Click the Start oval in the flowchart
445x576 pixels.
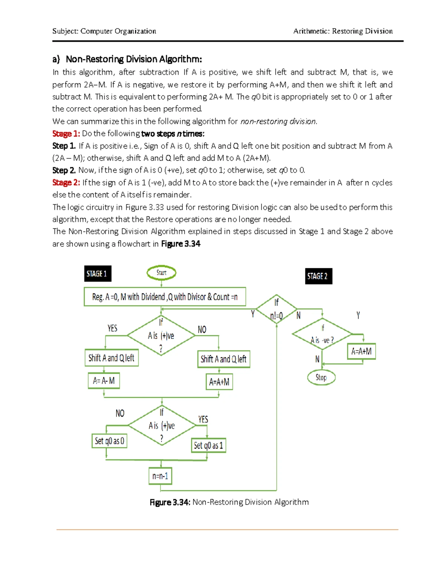coord(161,273)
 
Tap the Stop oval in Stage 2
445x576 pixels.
coord(321,378)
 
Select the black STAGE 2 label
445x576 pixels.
coord(318,276)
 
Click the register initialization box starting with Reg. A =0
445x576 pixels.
coord(165,297)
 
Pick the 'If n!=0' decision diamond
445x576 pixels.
coord(277,309)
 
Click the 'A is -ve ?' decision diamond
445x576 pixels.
coord(322,334)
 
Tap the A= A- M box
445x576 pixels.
coord(104,381)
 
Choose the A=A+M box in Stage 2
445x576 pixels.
coord(362,351)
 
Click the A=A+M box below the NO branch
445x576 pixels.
coord(219,382)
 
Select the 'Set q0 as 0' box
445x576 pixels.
coord(109,441)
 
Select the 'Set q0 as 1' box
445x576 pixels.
coord(208,445)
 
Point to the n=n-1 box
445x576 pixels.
coord(160,476)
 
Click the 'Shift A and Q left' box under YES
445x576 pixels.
coord(111,358)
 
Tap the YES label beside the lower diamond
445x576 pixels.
coord(203,419)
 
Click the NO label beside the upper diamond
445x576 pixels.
coord(202,330)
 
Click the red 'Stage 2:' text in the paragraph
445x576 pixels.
coord(66,182)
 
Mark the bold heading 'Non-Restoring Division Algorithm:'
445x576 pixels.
coord(133,59)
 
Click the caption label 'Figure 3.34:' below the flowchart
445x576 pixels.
coord(170,502)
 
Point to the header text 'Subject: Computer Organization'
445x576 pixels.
coord(104,31)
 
